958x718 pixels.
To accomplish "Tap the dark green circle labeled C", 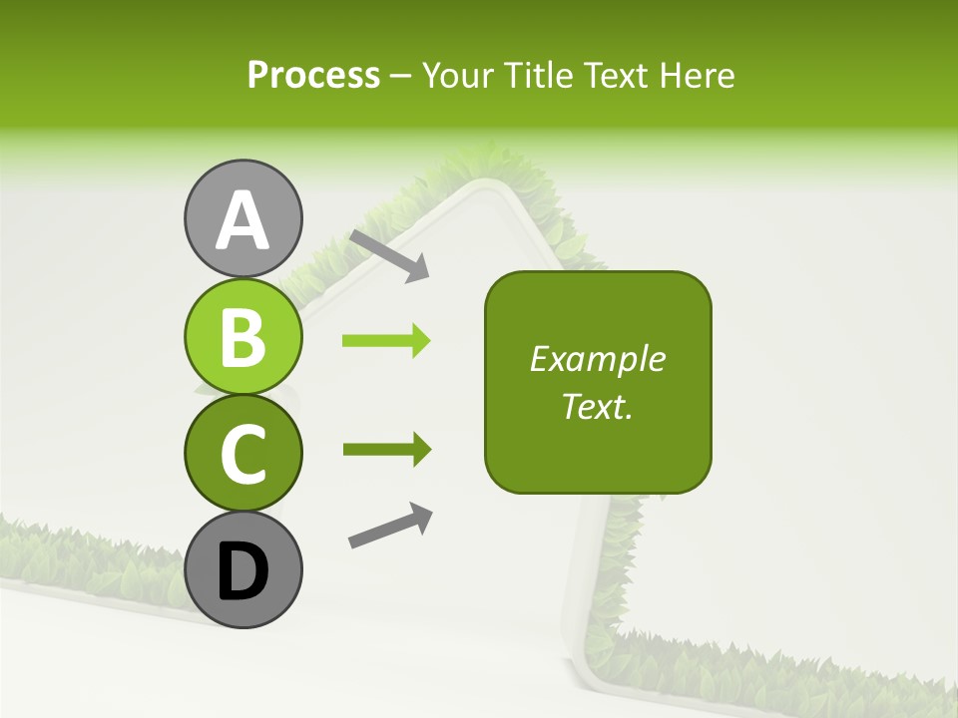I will [x=242, y=453].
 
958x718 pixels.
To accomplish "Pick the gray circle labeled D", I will [x=242, y=570].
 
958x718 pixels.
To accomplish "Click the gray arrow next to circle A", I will [x=389, y=254].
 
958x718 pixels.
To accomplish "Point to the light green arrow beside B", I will [x=386, y=341].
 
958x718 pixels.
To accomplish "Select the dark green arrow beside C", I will [x=386, y=450].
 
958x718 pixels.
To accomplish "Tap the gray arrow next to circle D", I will [x=390, y=526].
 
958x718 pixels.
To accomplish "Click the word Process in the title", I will [x=313, y=76].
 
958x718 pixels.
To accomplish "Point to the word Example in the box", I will [x=597, y=359].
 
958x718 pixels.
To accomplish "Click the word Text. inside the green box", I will [x=597, y=406].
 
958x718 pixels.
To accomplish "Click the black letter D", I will [x=242, y=572].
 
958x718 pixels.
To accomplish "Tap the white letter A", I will [x=242, y=221].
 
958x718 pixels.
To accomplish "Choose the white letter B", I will [x=242, y=337].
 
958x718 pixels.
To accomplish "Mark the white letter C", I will [x=242, y=455].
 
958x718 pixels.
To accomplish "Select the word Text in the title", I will [x=617, y=76].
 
